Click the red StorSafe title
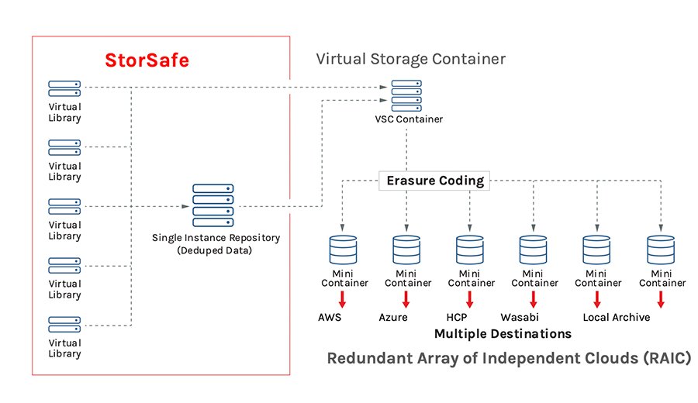click(x=147, y=60)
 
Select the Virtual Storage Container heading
click(x=411, y=58)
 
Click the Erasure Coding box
click(x=435, y=181)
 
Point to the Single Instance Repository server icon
click(x=213, y=204)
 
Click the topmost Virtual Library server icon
click(x=64, y=88)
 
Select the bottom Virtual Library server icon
click(x=64, y=324)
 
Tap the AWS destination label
click(x=330, y=318)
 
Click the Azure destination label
click(x=393, y=318)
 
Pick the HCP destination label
click(x=458, y=318)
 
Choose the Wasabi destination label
click(x=520, y=318)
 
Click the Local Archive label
click(x=617, y=318)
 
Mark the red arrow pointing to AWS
click(x=341, y=300)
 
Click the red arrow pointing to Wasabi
click(x=533, y=300)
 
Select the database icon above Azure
click(x=406, y=250)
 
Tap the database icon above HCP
click(x=469, y=250)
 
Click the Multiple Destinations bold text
click(x=503, y=334)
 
